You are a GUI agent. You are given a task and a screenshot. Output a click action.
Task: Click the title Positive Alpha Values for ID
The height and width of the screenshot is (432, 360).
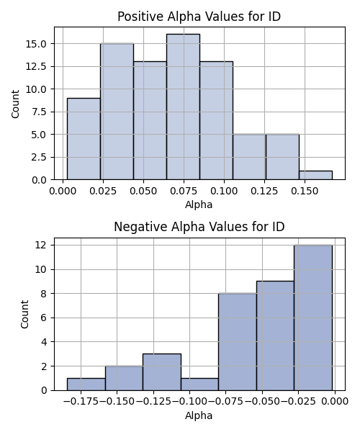(x=199, y=17)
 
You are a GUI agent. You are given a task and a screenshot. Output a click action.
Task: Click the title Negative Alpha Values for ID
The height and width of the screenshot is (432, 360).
(x=199, y=227)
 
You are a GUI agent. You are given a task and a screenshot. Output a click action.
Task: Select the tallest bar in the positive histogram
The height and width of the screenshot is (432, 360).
(x=183, y=107)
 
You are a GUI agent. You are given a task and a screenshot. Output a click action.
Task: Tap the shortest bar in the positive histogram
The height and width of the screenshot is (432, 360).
(x=315, y=175)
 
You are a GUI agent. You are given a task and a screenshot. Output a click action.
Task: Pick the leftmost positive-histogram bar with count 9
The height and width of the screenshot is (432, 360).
(x=84, y=139)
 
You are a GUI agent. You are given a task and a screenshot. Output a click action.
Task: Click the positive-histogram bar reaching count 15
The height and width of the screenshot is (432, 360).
(x=117, y=112)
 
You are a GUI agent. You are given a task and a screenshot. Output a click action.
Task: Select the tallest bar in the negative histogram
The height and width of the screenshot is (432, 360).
(x=313, y=318)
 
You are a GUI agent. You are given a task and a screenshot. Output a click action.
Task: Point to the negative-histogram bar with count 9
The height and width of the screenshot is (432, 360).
(x=276, y=336)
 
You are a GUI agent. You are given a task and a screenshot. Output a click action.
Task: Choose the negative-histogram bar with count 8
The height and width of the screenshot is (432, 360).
(x=238, y=342)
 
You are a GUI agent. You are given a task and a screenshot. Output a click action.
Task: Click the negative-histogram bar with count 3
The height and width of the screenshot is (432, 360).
(x=162, y=372)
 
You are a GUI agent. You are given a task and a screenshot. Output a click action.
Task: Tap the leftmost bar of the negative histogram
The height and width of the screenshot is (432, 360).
(x=86, y=384)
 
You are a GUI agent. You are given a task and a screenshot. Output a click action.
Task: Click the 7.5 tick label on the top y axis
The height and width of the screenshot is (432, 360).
(x=39, y=112)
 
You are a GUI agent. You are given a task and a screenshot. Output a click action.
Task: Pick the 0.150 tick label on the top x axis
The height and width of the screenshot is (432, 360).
(x=305, y=191)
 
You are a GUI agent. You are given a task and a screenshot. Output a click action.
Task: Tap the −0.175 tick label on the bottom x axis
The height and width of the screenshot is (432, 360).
(x=81, y=402)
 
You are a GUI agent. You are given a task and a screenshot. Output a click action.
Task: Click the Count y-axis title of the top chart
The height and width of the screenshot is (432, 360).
(x=15, y=104)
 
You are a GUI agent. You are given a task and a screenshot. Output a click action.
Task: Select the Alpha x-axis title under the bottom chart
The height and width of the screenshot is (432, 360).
(x=199, y=415)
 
